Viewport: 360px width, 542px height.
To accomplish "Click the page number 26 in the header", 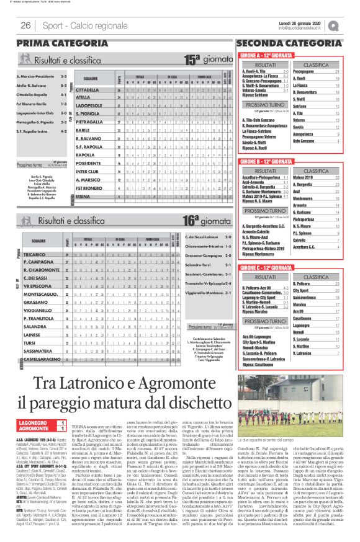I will click(26, 25).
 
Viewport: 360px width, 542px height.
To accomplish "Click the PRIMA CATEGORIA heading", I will click(54, 43).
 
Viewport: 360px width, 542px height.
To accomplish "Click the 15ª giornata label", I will click(205, 60).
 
